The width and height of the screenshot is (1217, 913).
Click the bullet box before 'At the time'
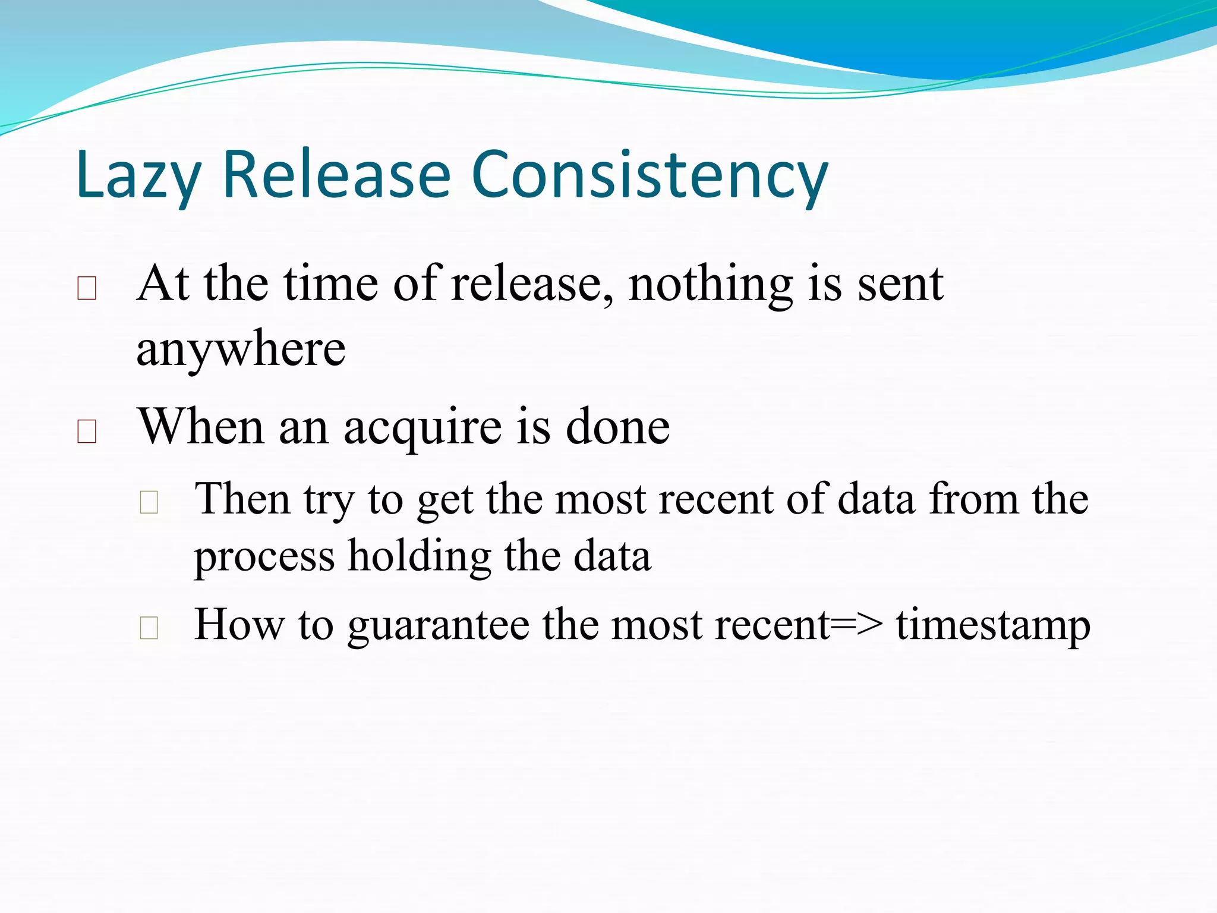(87, 288)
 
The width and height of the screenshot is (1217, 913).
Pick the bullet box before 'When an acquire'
(87, 432)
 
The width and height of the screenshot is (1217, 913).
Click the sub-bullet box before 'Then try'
(149, 502)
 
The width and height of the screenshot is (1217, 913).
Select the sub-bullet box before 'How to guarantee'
(149, 628)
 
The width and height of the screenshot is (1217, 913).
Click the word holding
(419, 558)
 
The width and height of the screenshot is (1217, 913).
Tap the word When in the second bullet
(200, 427)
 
